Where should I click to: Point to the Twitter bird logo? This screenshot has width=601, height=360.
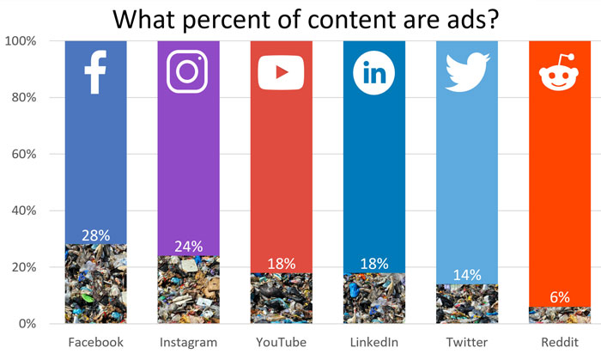pyautogui.click(x=466, y=71)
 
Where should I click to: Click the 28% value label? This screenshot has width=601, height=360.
pyautogui.click(x=95, y=235)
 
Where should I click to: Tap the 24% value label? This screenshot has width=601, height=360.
pyautogui.click(x=188, y=247)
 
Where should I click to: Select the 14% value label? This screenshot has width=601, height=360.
pyautogui.click(x=466, y=275)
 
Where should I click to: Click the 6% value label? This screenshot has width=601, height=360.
pyautogui.click(x=560, y=297)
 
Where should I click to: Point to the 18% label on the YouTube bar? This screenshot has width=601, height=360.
pyautogui.click(x=281, y=264)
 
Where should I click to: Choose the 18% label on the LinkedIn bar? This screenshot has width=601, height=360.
pyautogui.click(x=374, y=264)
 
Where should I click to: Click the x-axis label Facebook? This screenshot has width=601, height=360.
pyautogui.click(x=95, y=343)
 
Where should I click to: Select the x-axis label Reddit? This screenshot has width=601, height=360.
pyautogui.click(x=560, y=343)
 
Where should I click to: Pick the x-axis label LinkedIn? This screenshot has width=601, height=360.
pyautogui.click(x=374, y=343)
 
